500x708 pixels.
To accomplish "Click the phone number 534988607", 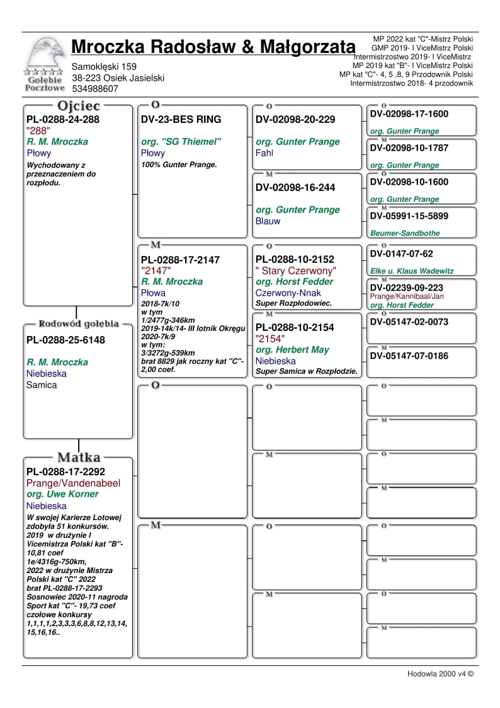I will click(95, 89).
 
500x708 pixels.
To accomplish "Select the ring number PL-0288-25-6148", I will click(65, 340).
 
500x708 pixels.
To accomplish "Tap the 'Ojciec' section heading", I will click(78, 105).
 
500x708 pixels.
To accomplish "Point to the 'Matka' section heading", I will click(79, 456).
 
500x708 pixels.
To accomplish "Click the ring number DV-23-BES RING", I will click(176, 119).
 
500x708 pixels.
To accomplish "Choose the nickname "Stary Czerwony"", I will click(295, 270).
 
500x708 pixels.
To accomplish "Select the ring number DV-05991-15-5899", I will click(409, 216).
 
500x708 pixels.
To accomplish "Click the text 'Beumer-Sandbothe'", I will click(405, 233).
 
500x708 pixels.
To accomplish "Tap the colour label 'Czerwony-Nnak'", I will click(288, 293).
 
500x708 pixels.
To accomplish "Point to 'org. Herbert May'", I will click(292, 350).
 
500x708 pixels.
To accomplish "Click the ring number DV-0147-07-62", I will click(402, 254).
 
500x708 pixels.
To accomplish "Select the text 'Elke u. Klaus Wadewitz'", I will click(412, 271).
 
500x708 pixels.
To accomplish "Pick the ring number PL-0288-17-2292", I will click(65, 472).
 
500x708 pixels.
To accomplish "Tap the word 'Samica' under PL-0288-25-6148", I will click(42, 385).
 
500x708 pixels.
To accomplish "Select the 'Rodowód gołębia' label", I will click(79, 324).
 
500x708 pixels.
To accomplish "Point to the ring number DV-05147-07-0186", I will click(409, 356).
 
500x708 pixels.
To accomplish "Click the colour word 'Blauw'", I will click(268, 221).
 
